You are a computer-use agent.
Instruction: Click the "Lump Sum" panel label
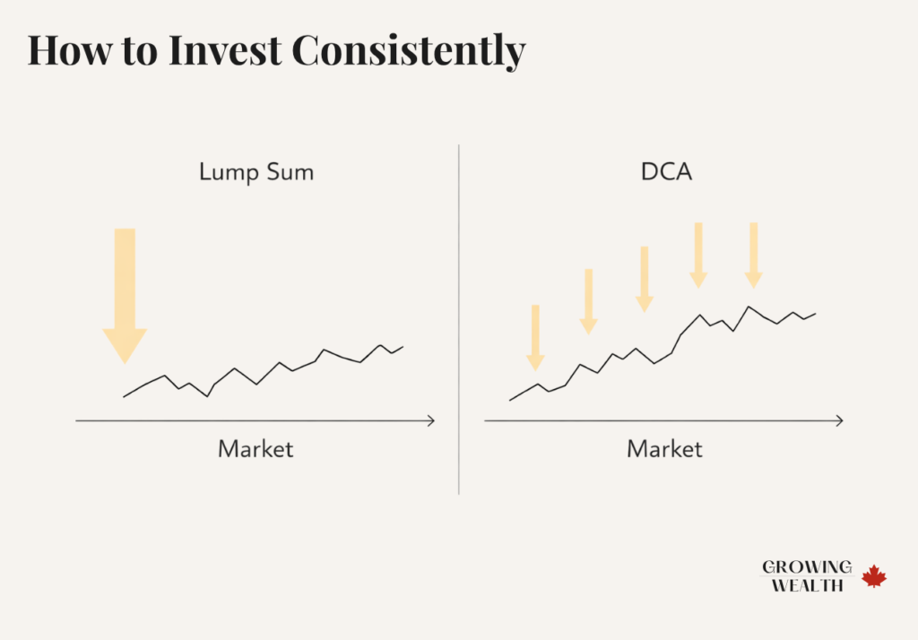256,172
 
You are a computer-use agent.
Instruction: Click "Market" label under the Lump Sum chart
255,448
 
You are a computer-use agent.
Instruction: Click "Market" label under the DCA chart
664,448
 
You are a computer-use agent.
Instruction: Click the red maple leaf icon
874,576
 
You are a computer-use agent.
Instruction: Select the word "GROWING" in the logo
807,567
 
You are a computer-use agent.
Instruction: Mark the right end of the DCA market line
816,314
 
